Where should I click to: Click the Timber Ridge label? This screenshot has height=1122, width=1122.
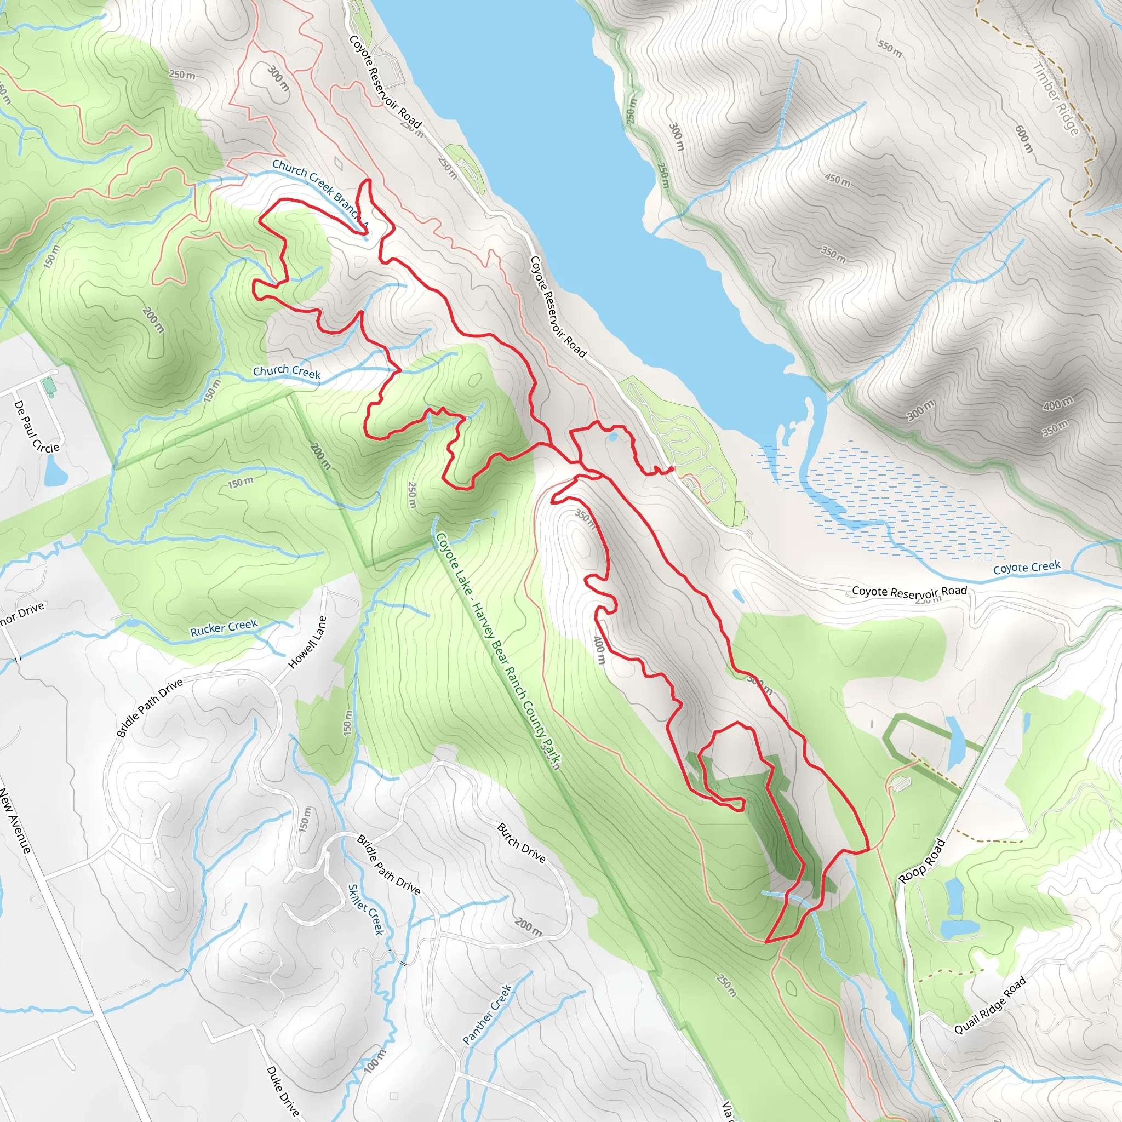1055,99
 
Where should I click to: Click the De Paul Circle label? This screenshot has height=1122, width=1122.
36,427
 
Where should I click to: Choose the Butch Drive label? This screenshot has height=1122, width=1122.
521,843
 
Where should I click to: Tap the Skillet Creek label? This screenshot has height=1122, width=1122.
366,909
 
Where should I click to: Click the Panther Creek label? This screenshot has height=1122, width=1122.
486,1014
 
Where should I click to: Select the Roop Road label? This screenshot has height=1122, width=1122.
922,861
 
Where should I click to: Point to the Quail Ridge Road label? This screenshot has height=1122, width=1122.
990,1005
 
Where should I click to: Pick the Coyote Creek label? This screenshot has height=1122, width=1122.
1027,568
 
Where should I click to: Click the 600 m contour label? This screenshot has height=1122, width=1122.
1024,139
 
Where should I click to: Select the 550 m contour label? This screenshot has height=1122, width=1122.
890,49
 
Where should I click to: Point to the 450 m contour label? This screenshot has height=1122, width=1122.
838,180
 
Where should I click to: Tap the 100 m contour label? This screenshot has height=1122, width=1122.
375,1061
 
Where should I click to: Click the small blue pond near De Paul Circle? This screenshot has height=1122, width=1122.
56,472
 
